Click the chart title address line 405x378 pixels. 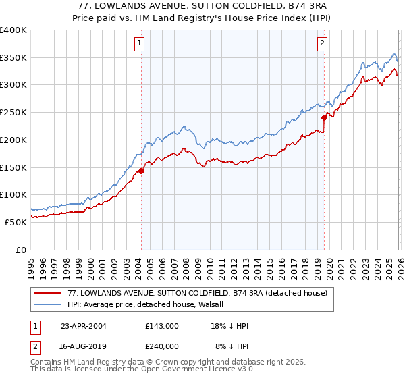tap(202, 7)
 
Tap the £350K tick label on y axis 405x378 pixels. tap(13, 58)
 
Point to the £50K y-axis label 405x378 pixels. tap(16, 222)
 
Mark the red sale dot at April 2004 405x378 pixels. tap(142, 171)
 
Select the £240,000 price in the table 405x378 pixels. tap(162, 346)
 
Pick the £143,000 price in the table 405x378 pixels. tap(162, 326)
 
